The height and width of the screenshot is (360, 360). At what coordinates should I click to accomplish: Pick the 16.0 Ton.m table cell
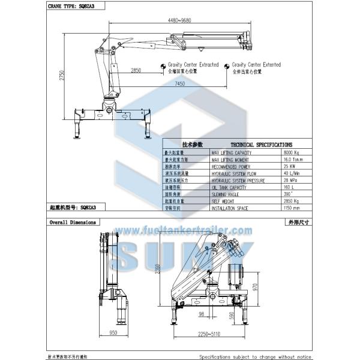pyautogui.click(x=293, y=160)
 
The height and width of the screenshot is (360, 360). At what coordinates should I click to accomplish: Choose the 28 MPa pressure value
pyautogui.click(x=290, y=180)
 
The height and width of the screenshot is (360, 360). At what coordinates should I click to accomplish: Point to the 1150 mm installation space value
pyautogui.click(x=292, y=207)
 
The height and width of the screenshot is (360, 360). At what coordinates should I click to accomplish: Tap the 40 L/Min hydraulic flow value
pyautogui.click(x=292, y=173)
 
